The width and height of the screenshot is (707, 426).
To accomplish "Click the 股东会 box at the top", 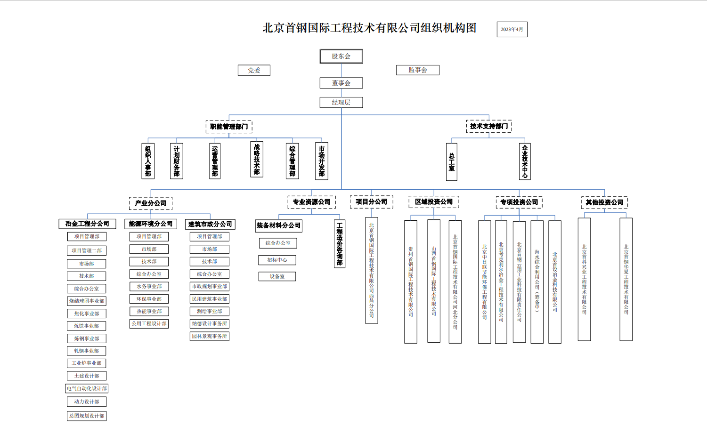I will click(x=341, y=56).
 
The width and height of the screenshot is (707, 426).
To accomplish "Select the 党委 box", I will click(x=254, y=70).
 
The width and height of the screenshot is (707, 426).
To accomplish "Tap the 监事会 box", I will click(x=417, y=70).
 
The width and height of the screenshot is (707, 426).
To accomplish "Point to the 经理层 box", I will click(x=341, y=102).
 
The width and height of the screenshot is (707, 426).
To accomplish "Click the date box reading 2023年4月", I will click(x=512, y=29).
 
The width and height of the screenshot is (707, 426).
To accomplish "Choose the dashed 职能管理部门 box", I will click(x=229, y=127).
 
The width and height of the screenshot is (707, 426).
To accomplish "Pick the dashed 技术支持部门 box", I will click(x=489, y=126).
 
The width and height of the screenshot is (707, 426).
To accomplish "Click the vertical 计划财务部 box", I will click(x=176, y=161).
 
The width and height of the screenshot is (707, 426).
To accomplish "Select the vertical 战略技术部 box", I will click(x=256, y=160).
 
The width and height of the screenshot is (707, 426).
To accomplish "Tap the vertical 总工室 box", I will click(x=451, y=162).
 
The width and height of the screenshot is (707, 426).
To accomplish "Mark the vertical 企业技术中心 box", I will click(x=524, y=161).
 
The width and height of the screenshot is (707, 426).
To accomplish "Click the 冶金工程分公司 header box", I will click(x=87, y=224).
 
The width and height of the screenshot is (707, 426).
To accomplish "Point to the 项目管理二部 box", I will click(x=87, y=250).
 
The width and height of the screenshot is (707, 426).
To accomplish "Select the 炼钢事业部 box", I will click(x=87, y=338).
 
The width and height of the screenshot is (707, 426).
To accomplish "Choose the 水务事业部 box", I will click(x=149, y=286).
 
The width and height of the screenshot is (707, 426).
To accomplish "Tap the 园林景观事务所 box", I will click(x=209, y=336).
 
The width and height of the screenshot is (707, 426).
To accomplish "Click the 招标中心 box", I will click(x=277, y=260).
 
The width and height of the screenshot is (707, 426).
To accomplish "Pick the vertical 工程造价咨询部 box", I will click(x=339, y=244).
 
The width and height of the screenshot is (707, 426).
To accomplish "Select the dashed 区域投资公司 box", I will click(x=433, y=202).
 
